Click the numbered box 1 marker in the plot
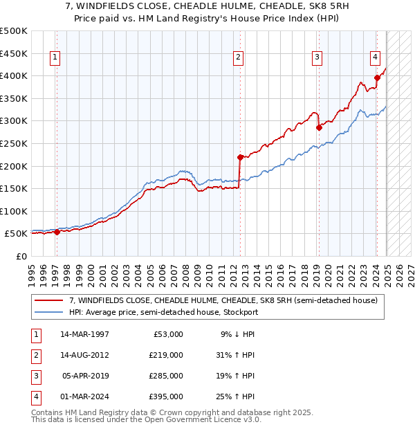coord(54,57)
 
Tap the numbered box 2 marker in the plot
coord(238,57)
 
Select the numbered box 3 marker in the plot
coord(317,57)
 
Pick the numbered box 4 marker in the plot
coord(374,57)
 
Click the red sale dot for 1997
coord(57,232)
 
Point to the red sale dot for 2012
coord(240,157)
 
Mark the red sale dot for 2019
coord(319,127)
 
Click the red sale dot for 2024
coord(377,77)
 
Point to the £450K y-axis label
coord(14,53)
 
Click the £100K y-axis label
coord(14,211)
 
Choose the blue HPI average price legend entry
coord(163,312)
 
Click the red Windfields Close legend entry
coord(223,300)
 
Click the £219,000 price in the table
coord(166,355)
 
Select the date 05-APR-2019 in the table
coord(85,376)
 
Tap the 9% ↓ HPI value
coord(238,334)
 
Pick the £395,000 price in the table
coord(166,396)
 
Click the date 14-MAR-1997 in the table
coord(85,334)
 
